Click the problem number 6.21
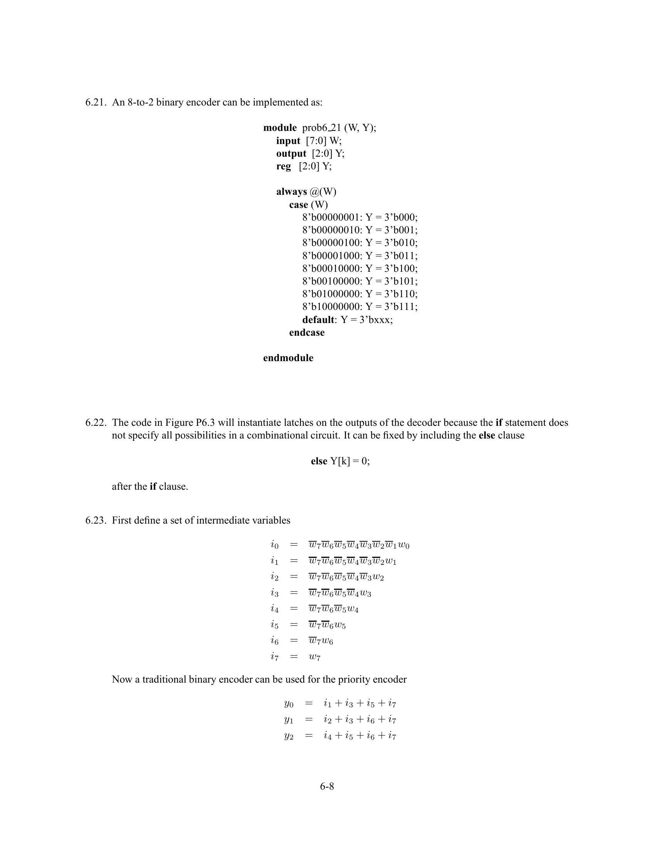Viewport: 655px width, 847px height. (x=95, y=102)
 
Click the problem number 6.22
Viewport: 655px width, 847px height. (x=95, y=423)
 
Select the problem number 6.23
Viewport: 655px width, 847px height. (x=95, y=521)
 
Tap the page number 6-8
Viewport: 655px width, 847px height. (x=327, y=787)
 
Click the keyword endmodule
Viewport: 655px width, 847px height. (x=288, y=358)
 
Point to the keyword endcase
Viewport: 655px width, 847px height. (x=307, y=333)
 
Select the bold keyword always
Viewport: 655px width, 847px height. (x=291, y=192)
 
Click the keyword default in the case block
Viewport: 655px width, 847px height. (x=318, y=320)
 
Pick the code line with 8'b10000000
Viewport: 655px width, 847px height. (x=360, y=307)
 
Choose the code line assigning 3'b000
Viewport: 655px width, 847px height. (x=360, y=218)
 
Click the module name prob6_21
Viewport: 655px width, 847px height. (x=322, y=128)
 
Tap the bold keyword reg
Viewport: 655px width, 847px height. (x=283, y=166)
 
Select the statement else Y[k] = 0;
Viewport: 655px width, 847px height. (x=340, y=461)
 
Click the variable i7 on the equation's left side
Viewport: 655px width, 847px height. (x=274, y=657)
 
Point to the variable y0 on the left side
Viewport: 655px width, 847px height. (x=288, y=703)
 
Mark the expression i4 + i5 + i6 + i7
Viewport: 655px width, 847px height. (x=360, y=736)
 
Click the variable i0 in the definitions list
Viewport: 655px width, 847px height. (x=274, y=545)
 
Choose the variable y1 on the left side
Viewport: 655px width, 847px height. (x=288, y=720)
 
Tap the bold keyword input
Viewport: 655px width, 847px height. (x=288, y=141)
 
